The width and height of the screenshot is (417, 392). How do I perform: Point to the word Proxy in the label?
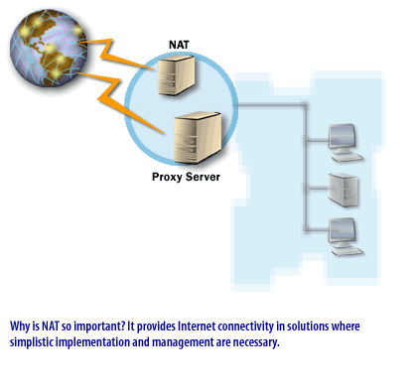[x=166, y=178]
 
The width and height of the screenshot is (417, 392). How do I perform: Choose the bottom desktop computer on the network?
[x=341, y=234]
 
